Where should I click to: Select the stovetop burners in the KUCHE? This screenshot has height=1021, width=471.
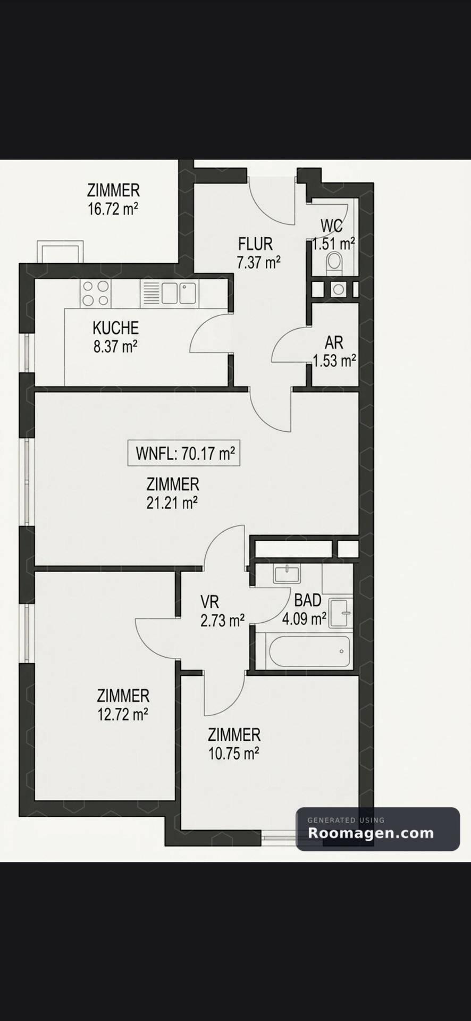[x=96, y=293]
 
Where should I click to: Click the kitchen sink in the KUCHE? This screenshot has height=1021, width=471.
[x=179, y=293]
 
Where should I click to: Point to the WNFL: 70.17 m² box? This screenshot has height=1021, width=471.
[x=184, y=453]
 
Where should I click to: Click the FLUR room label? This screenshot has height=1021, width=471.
[x=255, y=244]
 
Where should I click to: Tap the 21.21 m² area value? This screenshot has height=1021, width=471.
[x=172, y=503]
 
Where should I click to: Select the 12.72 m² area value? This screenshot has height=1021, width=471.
[x=123, y=714]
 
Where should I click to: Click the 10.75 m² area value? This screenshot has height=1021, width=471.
[x=234, y=754]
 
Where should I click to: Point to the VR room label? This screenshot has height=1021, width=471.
[x=209, y=602]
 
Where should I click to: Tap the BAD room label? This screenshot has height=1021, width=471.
[x=308, y=600]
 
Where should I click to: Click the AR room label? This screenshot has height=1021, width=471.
[x=334, y=342]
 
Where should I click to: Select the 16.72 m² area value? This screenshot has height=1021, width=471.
[x=113, y=208]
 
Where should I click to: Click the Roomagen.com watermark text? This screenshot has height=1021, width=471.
[x=371, y=833]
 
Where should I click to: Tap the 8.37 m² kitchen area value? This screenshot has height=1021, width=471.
[x=115, y=347]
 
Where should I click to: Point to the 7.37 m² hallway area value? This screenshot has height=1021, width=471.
[x=258, y=262]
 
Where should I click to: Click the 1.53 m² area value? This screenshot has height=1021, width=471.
[x=334, y=361]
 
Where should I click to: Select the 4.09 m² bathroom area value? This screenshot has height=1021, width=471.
[x=304, y=619]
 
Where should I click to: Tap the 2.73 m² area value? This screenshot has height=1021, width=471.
[x=222, y=621]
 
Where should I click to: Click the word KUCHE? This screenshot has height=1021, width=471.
[x=115, y=328]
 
